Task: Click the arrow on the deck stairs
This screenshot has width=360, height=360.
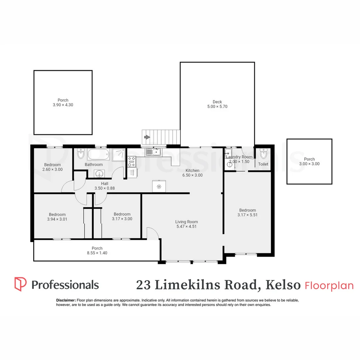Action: tap(147, 137)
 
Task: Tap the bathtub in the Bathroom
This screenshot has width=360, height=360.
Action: tap(98, 155)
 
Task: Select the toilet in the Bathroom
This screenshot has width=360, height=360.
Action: tap(81, 154)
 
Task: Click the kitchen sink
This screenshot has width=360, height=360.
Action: tap(153, 152)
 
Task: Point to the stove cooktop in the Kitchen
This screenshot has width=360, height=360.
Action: tap(132, 161)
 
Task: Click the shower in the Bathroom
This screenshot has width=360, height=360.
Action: tap(119, 155)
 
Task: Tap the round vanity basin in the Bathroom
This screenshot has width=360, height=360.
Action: tap(99, 173)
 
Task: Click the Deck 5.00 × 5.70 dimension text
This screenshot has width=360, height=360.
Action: tap(217, 107)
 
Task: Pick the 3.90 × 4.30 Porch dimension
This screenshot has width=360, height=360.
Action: tap(63, 105)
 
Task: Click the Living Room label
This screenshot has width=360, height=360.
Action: tap(186, 222)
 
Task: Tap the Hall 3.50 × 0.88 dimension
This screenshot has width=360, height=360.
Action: tap(105, 188)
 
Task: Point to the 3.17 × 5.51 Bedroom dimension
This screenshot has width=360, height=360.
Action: tap(247, 215)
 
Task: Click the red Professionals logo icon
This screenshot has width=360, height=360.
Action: tap(20, 284)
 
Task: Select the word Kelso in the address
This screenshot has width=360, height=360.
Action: tap(283, 285)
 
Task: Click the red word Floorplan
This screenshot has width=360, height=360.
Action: tap(329, 286)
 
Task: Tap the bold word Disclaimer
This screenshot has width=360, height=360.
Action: tap(66, 300)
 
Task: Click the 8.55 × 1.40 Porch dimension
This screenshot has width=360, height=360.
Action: tap(97, 253)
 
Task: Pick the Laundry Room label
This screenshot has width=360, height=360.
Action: tap(239, 157)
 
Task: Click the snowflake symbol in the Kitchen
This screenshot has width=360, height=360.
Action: tap(159, 187)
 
